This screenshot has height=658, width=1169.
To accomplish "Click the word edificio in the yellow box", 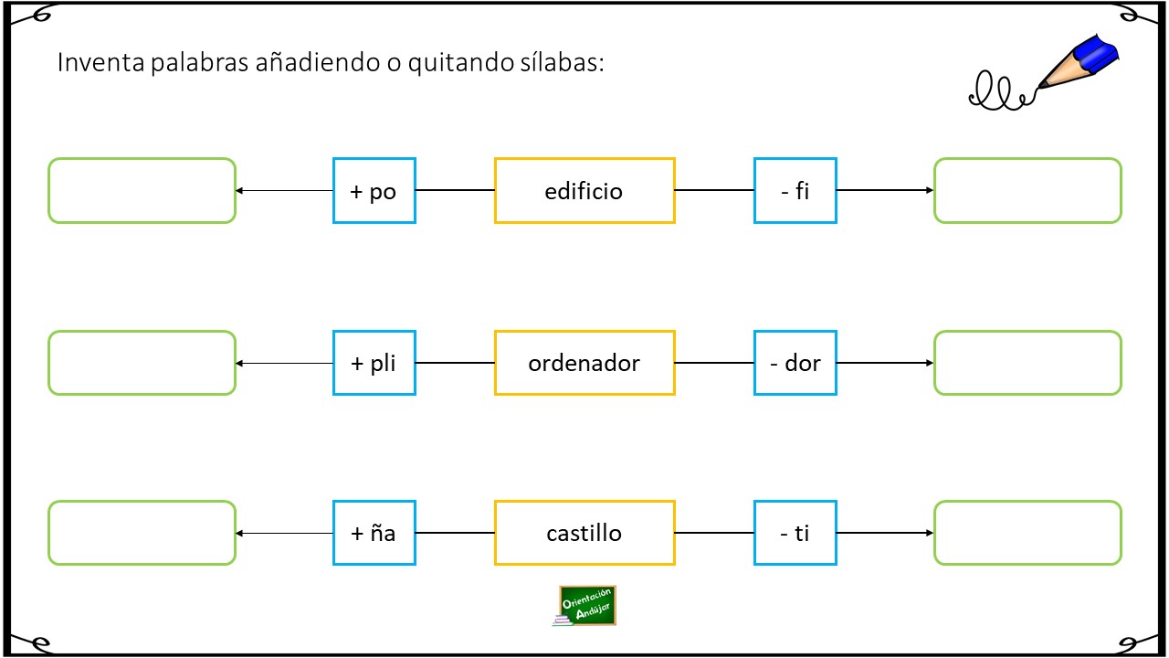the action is pos(584,191).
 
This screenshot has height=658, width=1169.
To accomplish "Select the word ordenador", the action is pos(584,363).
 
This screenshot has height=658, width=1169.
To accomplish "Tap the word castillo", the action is pos(584,533).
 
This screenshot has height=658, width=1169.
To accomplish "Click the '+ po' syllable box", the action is pos(374,191).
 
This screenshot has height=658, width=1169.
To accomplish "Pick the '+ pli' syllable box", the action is pos(374,363).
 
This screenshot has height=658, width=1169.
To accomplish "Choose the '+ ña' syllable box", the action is pos(374,533).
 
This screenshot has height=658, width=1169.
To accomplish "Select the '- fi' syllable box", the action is pos(795,191).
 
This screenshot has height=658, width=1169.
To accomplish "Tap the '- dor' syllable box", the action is pos(795,363).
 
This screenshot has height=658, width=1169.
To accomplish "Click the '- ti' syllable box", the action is pos(795,533).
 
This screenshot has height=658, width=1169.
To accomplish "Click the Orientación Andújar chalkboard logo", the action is pos(585,606).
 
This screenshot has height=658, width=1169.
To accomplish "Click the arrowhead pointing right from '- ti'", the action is pos(930,533).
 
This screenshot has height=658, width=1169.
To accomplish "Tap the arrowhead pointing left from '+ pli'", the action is pos(239,364).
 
